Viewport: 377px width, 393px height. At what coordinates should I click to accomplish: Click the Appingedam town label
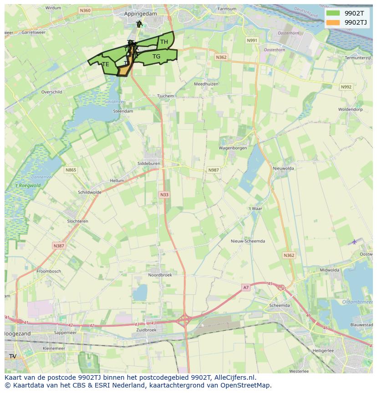(x=140, y=14)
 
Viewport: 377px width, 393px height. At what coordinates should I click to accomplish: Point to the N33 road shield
(x=164, y=195)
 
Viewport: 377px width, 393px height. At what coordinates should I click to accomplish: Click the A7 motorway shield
(x=246, y=287)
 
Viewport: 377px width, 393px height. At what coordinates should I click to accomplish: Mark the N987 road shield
(x=214, y=170)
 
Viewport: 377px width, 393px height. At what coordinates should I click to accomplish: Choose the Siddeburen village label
(x=148, y=163)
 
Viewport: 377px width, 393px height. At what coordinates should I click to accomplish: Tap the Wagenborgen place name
(x=233, y=148)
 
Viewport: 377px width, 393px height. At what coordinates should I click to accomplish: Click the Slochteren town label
(x=77, y=221)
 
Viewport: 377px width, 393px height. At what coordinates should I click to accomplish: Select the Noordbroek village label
(x=160, y=275)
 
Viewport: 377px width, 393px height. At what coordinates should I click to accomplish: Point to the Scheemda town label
(x=280, y=306)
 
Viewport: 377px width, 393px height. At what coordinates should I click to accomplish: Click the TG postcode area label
(x=156, y=57)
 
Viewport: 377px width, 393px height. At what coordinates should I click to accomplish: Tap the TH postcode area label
(x=164, y=42)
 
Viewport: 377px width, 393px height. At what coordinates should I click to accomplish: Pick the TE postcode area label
(x=106, y=64)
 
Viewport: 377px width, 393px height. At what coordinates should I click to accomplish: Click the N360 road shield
(x=85, y=10)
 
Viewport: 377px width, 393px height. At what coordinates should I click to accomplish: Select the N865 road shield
(x=71, y=170)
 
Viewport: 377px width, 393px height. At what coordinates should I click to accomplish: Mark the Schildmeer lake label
(x=114, y=102)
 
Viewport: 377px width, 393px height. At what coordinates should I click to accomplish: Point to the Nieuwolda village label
(x=283, y=168)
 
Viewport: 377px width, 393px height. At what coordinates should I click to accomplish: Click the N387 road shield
(x=59, y=246)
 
